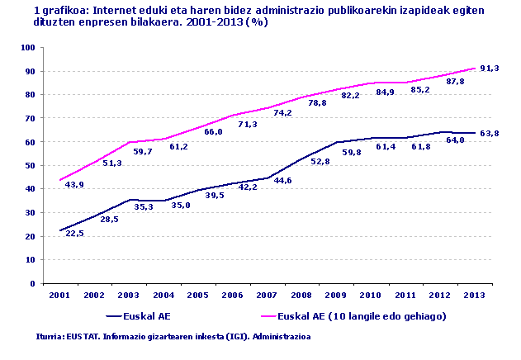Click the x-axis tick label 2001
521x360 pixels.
click(59, 295)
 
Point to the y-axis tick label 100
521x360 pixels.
click(28, 48)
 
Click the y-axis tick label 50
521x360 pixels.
click(31, 165)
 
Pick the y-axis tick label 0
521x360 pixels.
click(33, 283)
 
